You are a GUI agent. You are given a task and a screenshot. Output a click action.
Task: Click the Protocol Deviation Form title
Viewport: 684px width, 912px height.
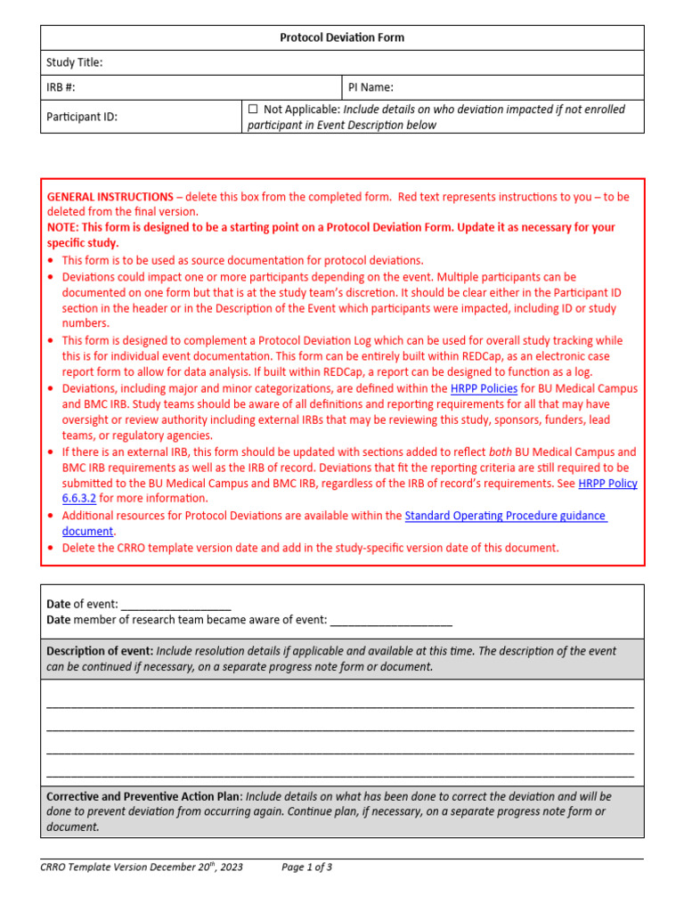click(342, 37)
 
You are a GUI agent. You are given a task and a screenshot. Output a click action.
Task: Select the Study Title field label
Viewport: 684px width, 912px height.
click(75, 62)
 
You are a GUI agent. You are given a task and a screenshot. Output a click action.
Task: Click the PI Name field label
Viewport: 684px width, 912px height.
click(370, 87)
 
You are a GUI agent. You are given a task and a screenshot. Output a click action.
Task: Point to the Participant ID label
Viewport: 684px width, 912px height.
click(82, 117)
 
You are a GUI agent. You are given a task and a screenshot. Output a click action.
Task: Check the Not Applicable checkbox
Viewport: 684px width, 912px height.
click(253, 109)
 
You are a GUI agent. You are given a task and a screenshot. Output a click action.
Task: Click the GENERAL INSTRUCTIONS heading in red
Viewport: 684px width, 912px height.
click(110, 196)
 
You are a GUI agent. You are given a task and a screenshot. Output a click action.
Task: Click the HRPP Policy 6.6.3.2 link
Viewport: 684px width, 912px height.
click(607, 484)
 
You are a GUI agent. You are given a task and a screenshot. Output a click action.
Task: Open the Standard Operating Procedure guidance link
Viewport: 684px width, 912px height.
click(505, 516)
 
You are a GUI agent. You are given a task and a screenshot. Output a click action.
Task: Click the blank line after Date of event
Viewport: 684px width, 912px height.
click(175, 605)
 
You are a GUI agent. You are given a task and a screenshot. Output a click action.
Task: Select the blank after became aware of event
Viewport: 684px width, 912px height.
click(391, 620)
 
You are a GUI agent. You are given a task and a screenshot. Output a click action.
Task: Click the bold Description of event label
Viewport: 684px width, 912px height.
click(99, 651)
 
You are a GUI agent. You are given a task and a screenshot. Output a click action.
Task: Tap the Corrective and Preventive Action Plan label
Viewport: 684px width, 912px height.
click(143, 796)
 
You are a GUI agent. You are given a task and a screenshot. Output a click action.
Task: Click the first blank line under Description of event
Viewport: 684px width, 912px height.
click(340, 704)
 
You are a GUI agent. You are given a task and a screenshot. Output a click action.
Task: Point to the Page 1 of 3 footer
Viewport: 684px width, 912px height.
click(306, 867)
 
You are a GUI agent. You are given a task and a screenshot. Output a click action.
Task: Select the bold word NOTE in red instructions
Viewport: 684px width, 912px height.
click(61, 227)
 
